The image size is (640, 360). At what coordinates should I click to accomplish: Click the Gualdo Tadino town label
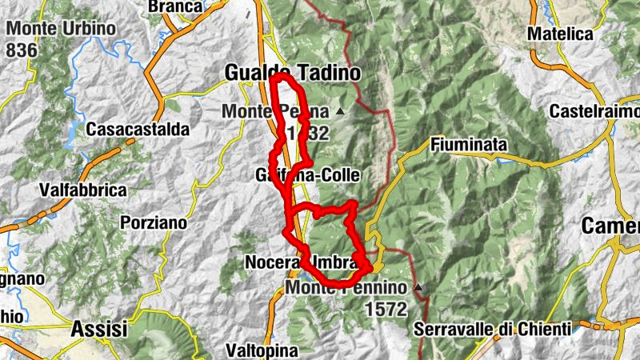[x=293, y=72]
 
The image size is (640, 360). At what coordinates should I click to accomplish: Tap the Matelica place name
[x=560, y=34]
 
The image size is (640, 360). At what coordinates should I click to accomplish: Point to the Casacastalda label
[x=138, y=129]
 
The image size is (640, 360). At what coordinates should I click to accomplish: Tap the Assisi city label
[x=100, y=328]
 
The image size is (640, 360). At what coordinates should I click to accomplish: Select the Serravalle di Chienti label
[x=494, y=328]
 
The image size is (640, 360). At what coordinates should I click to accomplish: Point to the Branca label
[x=175, y=6]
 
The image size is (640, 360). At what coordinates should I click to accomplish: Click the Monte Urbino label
[x=61, y=29]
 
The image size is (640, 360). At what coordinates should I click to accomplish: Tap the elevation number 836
[x=22, y=49]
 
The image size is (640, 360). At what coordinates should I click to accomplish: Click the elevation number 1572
[x=386, y=308]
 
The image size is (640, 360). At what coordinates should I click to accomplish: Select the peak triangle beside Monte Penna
[x=341, y=110]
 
